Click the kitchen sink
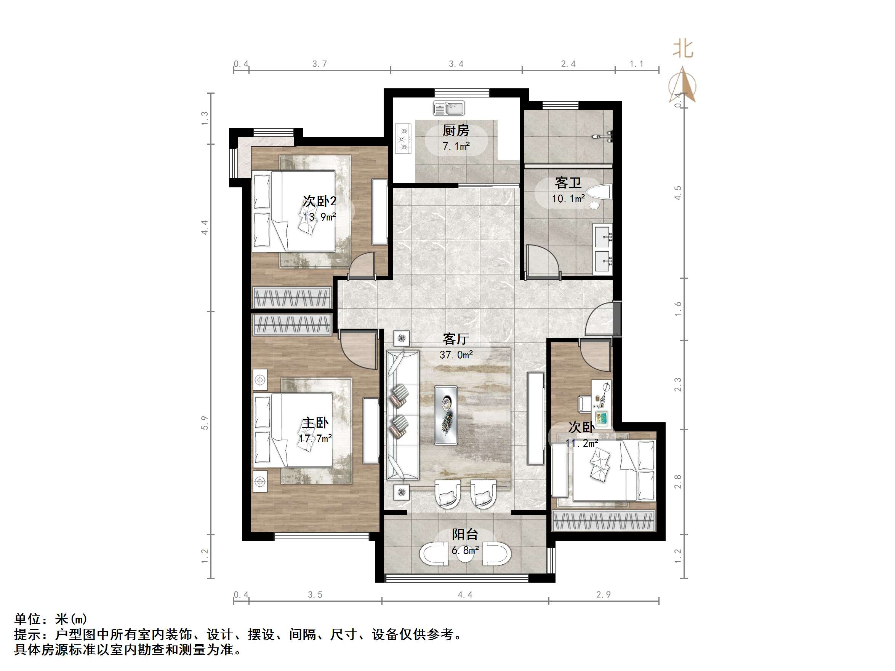[449, 108]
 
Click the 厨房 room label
[456, 130]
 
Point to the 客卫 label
[568, 183]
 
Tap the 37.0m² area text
[456, 355]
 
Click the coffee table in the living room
[446, 415]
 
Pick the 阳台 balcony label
[465, 534]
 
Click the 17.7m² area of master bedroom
[315, 438]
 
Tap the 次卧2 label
[320, 201]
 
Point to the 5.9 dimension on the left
[205, 423]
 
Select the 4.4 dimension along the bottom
[465, 594]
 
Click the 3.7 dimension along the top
[319, 64]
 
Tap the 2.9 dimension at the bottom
[603, 594]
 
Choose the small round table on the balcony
[465, 555]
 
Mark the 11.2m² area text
[581, 443]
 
